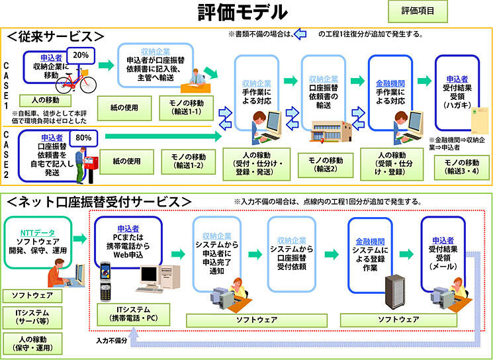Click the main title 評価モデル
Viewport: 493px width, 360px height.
click(x=243, y=13)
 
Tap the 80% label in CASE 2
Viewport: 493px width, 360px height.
click(x=83, y=138)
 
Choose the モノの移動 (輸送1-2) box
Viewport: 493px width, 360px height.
click(x=188, y=161)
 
